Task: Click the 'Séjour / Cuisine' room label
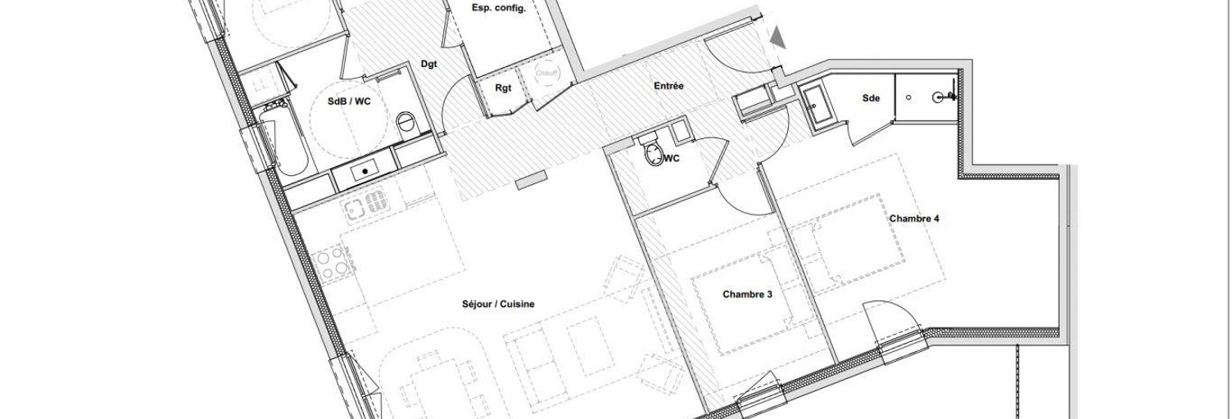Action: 497,304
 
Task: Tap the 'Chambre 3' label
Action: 747,294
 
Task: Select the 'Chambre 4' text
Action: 914,219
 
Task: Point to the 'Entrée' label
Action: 668,85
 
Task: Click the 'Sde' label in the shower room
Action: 871,98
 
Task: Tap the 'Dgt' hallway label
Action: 428,64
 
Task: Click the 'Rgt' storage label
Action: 503,88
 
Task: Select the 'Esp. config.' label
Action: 498,8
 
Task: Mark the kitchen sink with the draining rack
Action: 365,205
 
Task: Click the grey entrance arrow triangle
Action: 777,37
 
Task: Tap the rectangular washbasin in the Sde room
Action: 817,105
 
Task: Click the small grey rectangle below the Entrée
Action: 531,180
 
